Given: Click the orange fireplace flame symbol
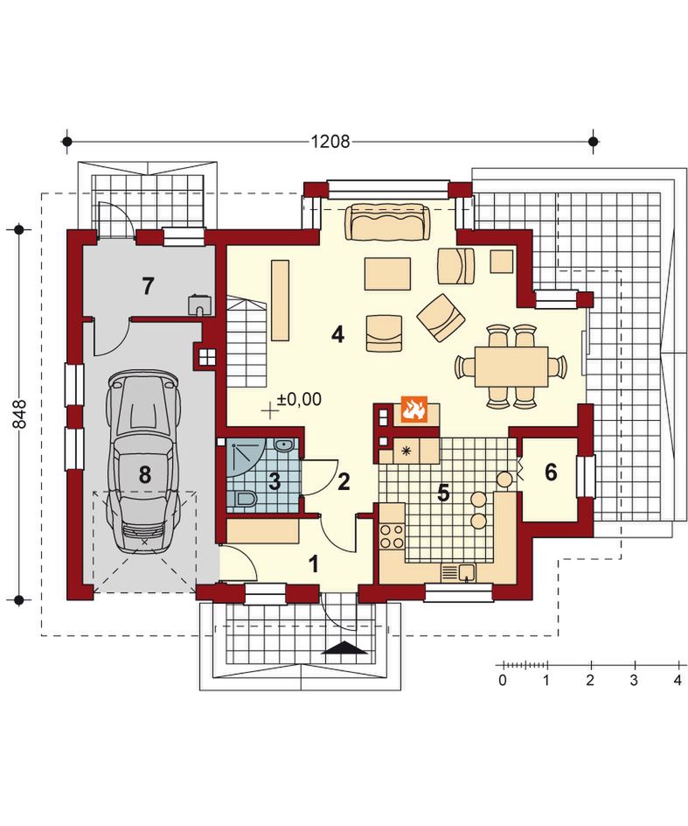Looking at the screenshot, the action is (x=413, y=409).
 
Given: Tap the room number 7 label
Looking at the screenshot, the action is (x=148, y=285).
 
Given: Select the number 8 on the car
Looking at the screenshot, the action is (x=145, y=474).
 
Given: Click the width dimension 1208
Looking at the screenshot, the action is (x=330, y=141).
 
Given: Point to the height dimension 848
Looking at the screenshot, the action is (x=19, y=415).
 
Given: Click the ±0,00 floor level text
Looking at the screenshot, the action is (x=300, y=399).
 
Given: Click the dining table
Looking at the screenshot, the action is (x=511, y=366).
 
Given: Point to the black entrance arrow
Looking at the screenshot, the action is (x=344, y=647).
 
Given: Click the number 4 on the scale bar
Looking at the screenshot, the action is (x=678, y=680).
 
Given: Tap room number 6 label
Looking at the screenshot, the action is (x=551, y=472).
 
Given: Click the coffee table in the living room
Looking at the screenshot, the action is (x=387, y=273).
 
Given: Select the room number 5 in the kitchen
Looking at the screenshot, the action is (x=443, y=493).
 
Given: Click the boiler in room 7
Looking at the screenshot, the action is (x=200, y=304).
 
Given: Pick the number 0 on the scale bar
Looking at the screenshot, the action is (x=503, y=680).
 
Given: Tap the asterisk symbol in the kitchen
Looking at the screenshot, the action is (x=406, y=451).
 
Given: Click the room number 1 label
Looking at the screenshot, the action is (x=314, y=564).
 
